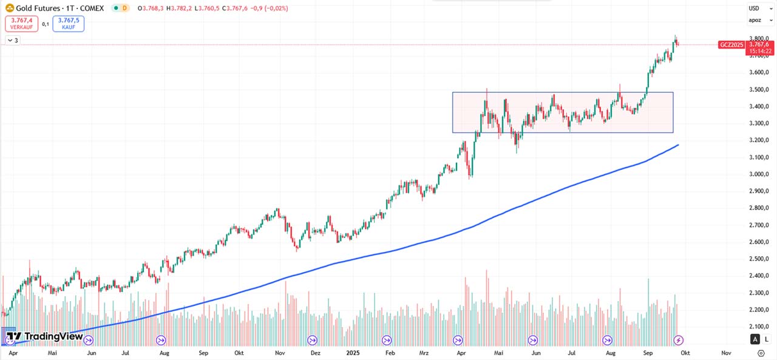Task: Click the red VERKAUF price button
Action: [21, 24]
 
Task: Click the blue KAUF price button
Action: [68, 24]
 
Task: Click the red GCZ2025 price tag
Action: [731, 45]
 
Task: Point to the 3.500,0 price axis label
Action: [759, 89]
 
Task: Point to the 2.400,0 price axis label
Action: [759, 276]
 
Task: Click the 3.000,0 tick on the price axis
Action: [759, 174]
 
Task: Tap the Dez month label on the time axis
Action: [315, 352]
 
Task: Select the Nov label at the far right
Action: [726, 352]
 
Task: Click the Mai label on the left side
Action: [52, 352]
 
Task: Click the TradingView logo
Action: [45, 336]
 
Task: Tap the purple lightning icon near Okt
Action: [679, 339]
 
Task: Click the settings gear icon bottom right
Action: [761, 353]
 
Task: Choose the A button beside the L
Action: [755, 339]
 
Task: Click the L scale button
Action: [767, 339]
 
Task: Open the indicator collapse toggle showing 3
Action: [13, 41]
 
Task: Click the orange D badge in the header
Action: [124, 8]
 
